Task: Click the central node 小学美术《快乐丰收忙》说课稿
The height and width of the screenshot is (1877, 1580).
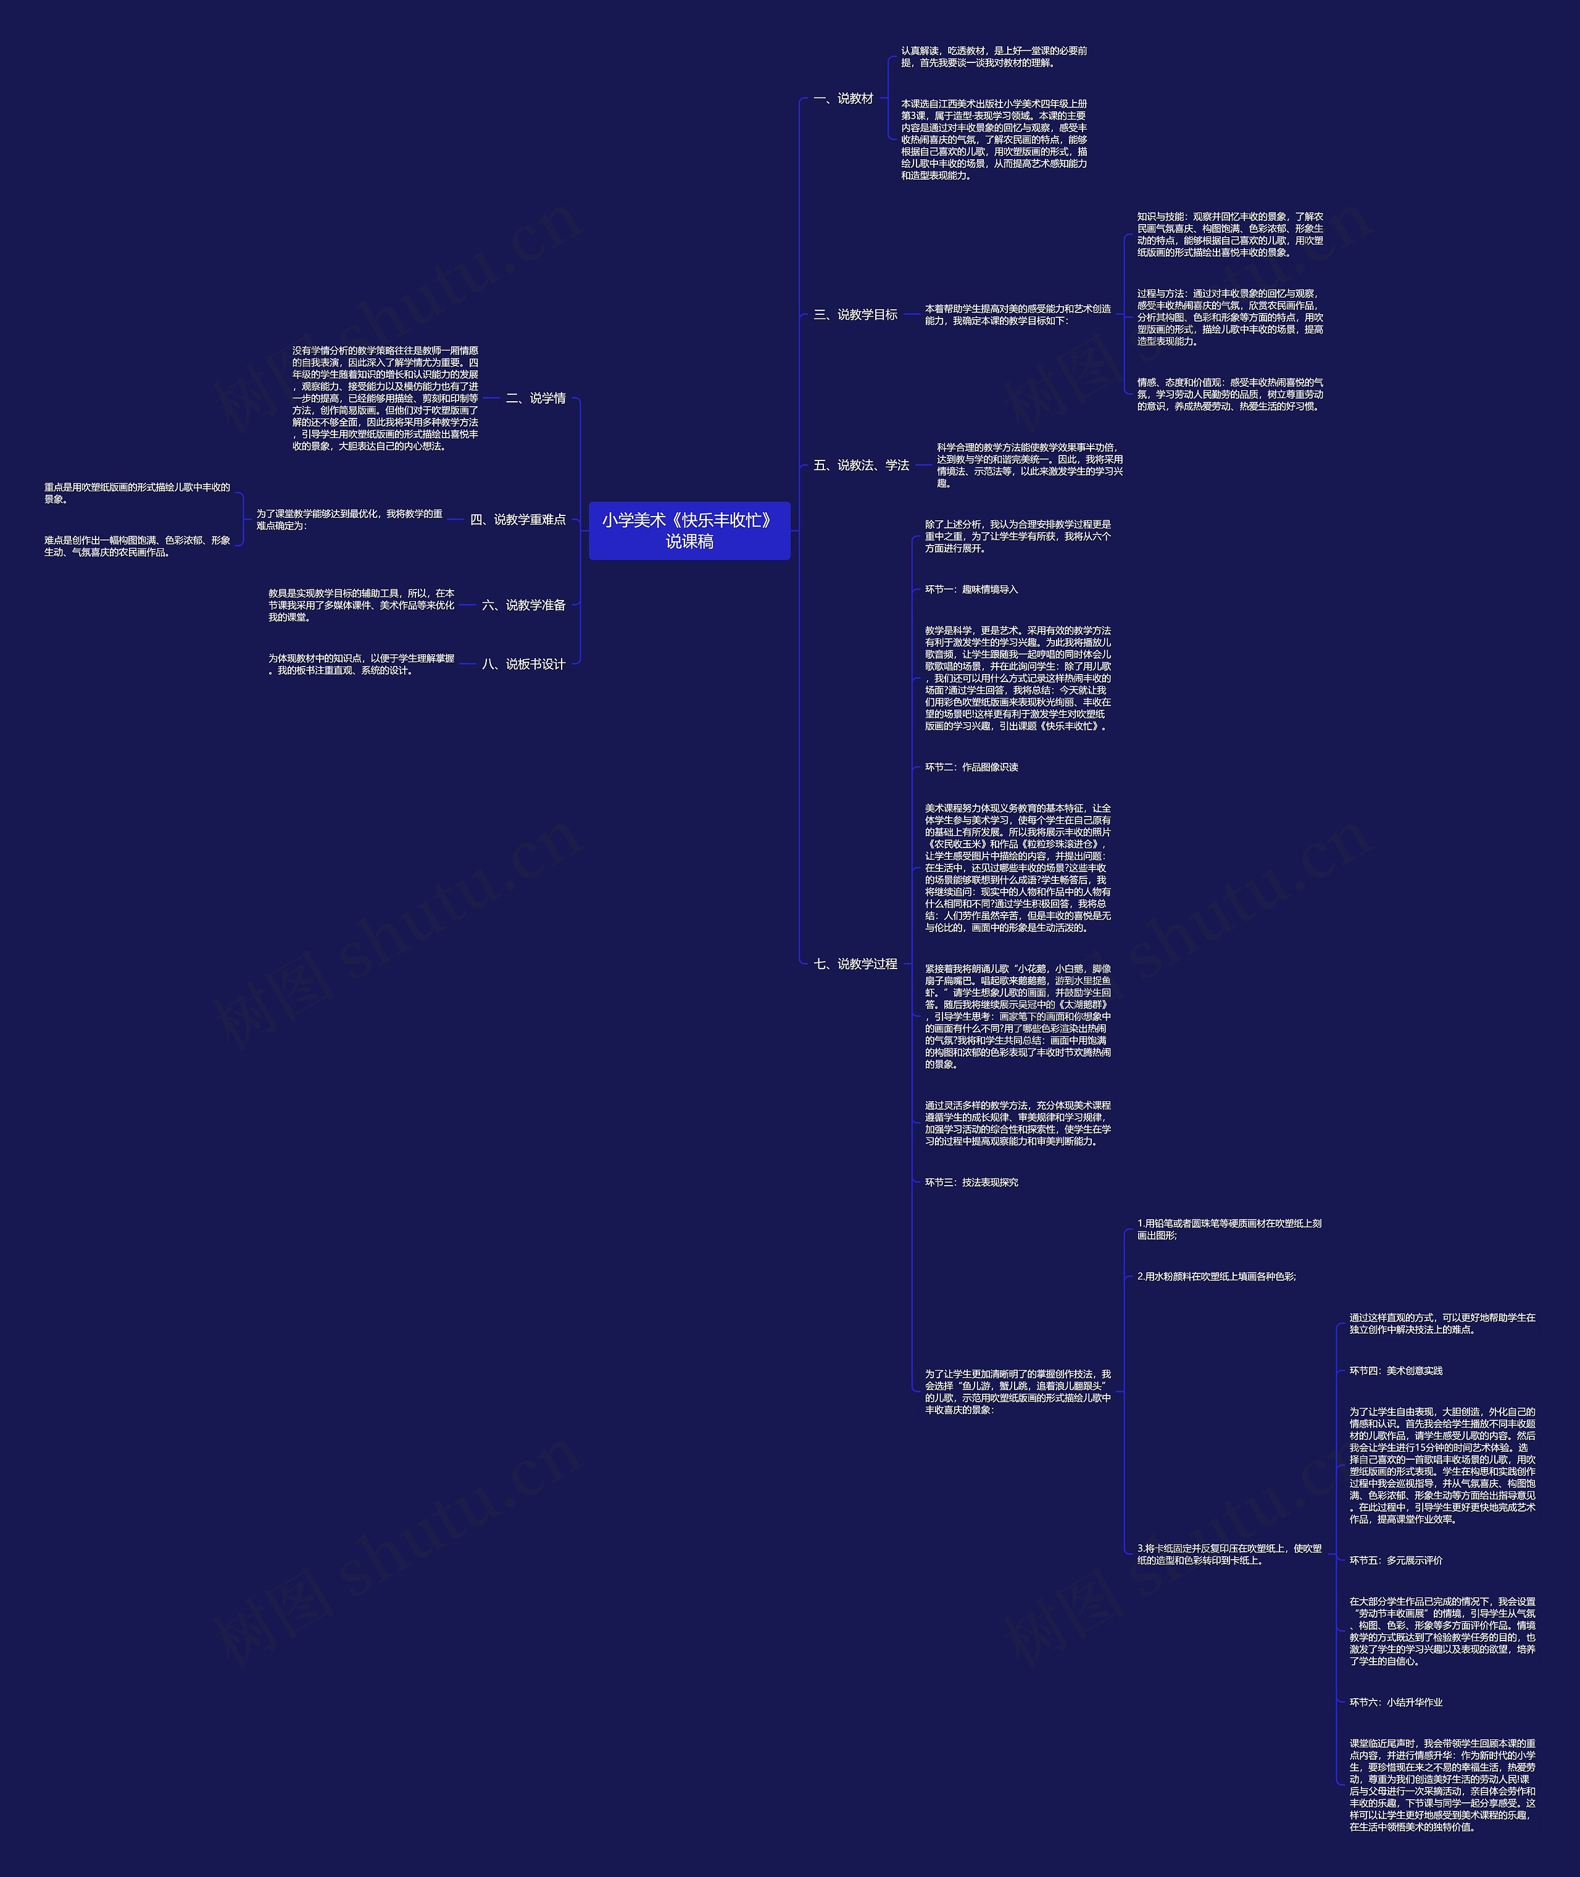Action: pos(689,530)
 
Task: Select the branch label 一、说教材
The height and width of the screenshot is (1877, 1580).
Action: pos(843,99)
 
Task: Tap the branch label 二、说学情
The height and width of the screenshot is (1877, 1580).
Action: pos(536,399)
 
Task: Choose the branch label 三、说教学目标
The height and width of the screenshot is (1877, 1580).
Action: pos(855,314)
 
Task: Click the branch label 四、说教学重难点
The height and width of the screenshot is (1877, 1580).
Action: pos(518,519)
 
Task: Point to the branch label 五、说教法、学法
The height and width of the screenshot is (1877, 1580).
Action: pos(861,465)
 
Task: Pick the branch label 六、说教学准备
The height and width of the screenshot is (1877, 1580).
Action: pos(524,606)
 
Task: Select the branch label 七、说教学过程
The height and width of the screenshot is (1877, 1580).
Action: pos(855,963)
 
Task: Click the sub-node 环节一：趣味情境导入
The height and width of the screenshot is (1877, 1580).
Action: pos(971,589)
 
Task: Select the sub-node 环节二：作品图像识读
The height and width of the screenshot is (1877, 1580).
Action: pos(971,767)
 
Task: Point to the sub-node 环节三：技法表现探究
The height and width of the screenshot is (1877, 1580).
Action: pos(971,1182)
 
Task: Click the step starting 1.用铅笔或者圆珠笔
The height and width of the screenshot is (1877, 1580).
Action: pos(1229,1229)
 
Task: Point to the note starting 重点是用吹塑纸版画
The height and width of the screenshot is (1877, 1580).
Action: pos(137,493)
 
